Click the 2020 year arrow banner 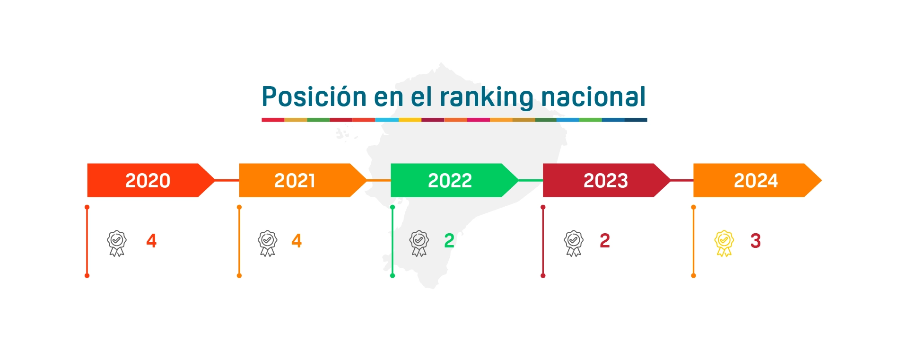pos(148,180)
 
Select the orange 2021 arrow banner pos(295,180)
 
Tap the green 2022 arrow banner pos(450,180)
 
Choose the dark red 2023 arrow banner pos(605,180)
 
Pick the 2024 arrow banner pos(756,180)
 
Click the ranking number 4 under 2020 pos(151,241)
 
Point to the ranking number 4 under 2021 pos(297,241)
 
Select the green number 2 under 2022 pos(449,241)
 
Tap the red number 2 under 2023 pos(605,241)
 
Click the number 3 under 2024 pos(755,241)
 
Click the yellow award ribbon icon pos(724,243)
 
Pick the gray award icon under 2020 pos(117,243)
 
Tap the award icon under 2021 pos(268,243)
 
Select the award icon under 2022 pos(419,243)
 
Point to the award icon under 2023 pos(574,243)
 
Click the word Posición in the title pos(314,97)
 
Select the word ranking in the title pos(487,97)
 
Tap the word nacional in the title pos(593,97)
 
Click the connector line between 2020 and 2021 pos(227,180)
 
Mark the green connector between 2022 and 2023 pos(531,180)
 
